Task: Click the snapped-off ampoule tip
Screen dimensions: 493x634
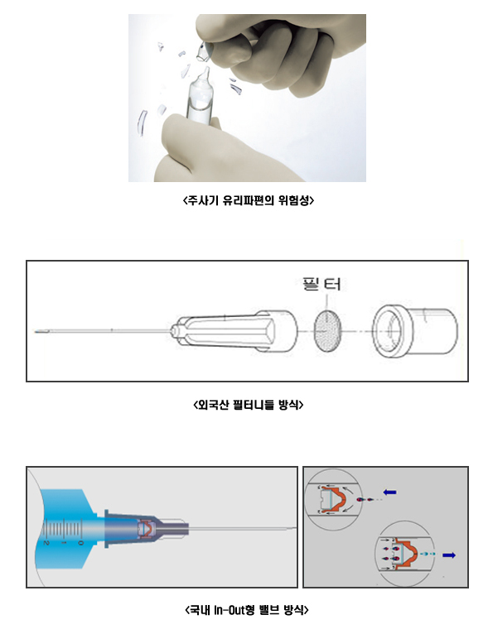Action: (x=205, y=52)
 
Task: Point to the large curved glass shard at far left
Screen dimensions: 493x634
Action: (x=143, y=122)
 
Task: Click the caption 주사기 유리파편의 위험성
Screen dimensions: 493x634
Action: (x=248, y=200)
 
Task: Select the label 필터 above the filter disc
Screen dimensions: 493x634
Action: (x=321, y=284)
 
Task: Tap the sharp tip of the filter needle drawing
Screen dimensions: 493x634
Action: (x=36, y=332)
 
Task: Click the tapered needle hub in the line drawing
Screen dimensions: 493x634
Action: (x=234, y=332)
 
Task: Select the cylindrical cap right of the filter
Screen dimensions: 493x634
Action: (x=415, y=331)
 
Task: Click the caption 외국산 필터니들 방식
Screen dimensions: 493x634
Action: (x=248, y=405)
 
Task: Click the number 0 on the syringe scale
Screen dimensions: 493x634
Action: (x=80, y=543)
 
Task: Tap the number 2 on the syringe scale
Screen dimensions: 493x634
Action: (x=46, y=542)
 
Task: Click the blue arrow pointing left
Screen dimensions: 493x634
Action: (x=389, y=492)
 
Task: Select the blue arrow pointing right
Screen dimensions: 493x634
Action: (x=449, y=555)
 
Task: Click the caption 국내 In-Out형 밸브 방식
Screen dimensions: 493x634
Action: (x=247, y=609)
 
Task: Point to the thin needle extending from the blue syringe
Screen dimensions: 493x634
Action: (x=242, y=528)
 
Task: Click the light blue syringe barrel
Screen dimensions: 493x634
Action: (x=65, y=528)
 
